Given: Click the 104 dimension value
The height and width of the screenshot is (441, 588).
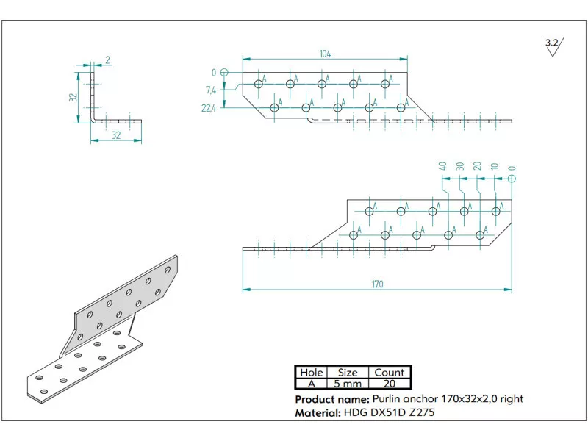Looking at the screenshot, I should point(325,54).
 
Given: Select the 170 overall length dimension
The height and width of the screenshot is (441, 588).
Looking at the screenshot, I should point(377,284).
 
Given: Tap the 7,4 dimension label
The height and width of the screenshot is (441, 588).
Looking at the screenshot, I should point(211,90).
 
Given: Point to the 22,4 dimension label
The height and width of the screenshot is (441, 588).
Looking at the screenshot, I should point(209,108).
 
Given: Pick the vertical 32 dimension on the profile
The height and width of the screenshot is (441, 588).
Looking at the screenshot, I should point(73,97).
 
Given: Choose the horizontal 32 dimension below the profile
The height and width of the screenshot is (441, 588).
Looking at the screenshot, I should point(116,135).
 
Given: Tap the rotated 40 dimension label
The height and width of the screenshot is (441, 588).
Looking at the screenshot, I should point(442,166).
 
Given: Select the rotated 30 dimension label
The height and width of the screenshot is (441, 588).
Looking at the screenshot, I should point(459,166).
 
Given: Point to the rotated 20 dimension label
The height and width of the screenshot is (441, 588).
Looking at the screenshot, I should point(477,166).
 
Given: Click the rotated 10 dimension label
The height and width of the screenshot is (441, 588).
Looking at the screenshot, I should point(494,166).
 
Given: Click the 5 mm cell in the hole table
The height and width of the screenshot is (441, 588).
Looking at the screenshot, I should point(347,384).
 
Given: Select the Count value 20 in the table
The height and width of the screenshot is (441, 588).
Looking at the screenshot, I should point(389,384).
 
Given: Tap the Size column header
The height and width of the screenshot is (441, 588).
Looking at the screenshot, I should point(347,373).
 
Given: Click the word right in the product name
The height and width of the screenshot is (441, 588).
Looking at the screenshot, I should point(509,399).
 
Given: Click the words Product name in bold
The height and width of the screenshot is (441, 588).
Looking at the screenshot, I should point(329,399).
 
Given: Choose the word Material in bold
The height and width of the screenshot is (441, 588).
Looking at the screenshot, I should point(318,413).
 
